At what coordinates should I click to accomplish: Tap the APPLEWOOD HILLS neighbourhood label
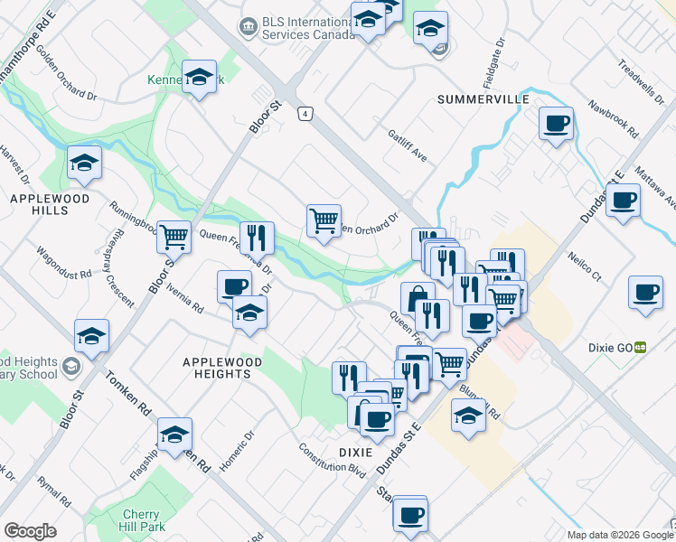click(x=40, y=203)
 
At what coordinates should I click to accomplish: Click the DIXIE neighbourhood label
click(x=356, y=452)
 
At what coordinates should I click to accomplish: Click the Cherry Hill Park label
click(x=141, y=521)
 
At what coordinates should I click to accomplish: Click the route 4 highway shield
click(x=307, y=113)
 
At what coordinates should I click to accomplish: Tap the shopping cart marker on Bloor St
click(x=174, y=237)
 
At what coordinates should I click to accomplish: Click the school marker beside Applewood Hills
click(x=85, y=163)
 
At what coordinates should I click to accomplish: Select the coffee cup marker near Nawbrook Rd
click(x=556, y=123)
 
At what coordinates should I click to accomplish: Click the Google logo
click(x=30, y=531)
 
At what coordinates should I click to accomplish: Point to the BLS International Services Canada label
click(x=307, y=28)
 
